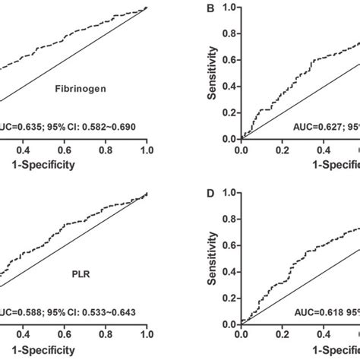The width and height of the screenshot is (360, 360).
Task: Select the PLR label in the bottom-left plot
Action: pyautogui.click(x=74, y=289)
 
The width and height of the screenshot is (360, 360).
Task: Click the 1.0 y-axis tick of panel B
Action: pyautogui.click(x=227, y=9)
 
